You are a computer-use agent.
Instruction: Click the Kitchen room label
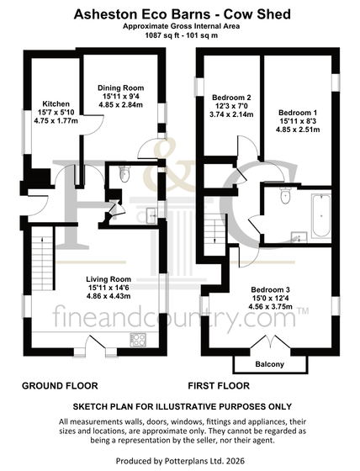pos(56,104)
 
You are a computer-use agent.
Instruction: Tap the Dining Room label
pos(121,88)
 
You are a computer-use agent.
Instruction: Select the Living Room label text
pos(109,279)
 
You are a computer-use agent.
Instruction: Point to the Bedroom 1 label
pos(298,113)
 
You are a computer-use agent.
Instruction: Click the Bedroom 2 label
pos(231,98)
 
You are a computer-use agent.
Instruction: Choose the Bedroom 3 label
pos(270,290)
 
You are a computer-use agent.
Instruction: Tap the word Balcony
pos(269,364)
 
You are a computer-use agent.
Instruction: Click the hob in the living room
pos(138,340)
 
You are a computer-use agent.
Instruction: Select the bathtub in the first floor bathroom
pos(321,215)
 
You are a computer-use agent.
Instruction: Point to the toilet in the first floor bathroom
pos(284,195)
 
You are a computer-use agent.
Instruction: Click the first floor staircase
pos(214,237)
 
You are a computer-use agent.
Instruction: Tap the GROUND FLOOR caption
pos(60,386)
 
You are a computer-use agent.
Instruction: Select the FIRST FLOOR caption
pos(219,386)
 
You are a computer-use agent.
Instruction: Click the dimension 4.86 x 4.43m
pos(109,296)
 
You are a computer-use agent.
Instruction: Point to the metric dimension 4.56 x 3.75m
pos(270,307)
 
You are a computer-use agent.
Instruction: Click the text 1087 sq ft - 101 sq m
pos(182,35)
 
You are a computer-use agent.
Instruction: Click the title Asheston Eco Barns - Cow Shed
pos(183,14)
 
